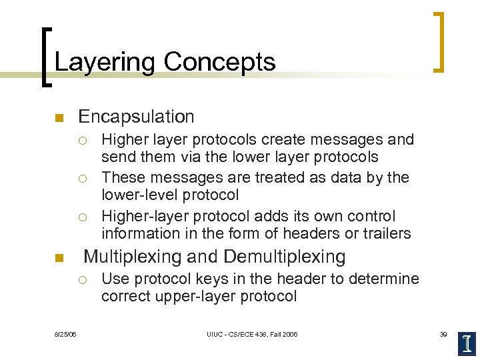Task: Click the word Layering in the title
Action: (105, 62)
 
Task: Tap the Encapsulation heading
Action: (136, 117)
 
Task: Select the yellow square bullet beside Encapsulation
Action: (58, 119)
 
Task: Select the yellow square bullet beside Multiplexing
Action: (58, 258)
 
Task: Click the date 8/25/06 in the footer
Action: (65, 334)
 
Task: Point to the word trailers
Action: (387, 233)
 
